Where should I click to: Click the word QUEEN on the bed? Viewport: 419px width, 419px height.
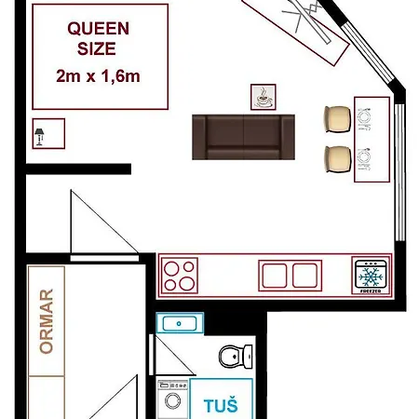pos(98,29)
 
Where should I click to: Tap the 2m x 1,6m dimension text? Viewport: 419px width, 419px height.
pos(98,76)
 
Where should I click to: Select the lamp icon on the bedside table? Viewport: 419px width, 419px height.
pos(39,137)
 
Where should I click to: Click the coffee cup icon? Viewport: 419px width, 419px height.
pos(264,97)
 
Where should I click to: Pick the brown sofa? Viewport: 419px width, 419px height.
pos(243,137)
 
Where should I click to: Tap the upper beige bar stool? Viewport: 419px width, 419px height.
pos(337,119)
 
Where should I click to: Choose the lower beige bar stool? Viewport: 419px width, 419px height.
pos(337,159)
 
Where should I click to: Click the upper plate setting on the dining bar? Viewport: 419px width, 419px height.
pos(364,119)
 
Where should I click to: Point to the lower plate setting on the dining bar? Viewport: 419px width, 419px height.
pos(364,159)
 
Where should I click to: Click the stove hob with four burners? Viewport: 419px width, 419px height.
pos(180,276)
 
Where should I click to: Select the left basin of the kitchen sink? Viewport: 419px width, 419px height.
pos(275,276)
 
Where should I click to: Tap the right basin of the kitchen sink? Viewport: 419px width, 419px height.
pos(304,276)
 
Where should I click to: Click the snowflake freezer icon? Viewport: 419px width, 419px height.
pos(371,277)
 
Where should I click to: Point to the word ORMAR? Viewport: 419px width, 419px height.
pos(47,321)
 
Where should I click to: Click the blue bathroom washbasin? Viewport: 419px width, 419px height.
pos(180,323)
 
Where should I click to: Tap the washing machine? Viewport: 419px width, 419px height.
pos(172,399)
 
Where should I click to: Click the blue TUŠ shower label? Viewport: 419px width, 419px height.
pos(221,406)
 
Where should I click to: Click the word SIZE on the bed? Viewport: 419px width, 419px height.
pos(97,49)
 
